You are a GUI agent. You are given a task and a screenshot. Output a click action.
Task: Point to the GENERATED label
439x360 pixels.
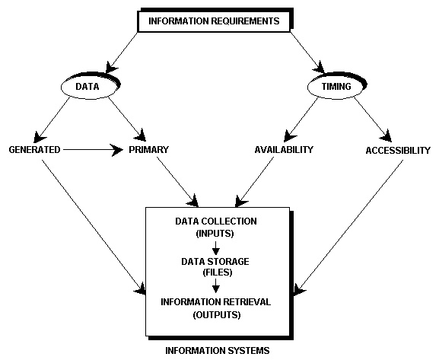pyautogui.click(x=34, y=150)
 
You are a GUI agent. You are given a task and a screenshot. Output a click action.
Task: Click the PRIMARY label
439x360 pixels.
pyautogui.click(x=148, y=150)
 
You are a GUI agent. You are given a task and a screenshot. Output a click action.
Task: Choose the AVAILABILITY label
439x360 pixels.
pyautogui.click(x=284, y=150)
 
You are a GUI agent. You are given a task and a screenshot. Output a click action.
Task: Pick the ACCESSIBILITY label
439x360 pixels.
pyautogui.click(x=398, y=151)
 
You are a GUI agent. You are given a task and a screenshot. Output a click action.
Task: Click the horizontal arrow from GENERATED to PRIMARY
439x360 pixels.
pyautogui.click(x=93, y=150)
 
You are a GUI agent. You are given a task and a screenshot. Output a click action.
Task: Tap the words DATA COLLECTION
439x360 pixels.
pyautogui.click(x=216, y=221)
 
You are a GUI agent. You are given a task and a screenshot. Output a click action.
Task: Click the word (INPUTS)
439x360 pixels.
pyautogui.click(x=215, y=234)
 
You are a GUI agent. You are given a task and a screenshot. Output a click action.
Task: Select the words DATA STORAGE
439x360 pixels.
pyautogui.click(x=215, y=261)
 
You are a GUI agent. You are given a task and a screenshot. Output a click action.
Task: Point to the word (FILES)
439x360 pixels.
pyautogui.click(x=218, y=272)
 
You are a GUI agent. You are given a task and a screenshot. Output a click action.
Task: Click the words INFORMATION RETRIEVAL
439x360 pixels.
pyautogui.click(x=215, y=302)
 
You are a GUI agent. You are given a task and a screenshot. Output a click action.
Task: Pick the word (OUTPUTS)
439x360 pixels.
pyautogui.click(x=217, y=314)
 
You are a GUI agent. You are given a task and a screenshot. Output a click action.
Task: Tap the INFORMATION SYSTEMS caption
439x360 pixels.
pyautogui.click(x=218, y=350)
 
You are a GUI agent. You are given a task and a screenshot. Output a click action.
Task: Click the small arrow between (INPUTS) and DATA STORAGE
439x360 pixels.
pyautogui.click(x=215, y=247)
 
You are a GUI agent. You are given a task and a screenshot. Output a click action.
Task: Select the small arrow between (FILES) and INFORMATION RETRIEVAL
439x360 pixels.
pyautogui.click(x=215, y=285)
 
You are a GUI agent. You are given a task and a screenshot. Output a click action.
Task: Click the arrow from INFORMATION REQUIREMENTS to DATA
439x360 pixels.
pyautogui.click(x=122, y=53)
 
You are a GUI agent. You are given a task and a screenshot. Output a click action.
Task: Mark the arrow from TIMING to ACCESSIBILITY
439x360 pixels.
pyautogui.click(x=373, y=119)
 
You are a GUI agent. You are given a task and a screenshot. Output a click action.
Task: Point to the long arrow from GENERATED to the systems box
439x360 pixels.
pyautogui.click(x=94, y=228)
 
